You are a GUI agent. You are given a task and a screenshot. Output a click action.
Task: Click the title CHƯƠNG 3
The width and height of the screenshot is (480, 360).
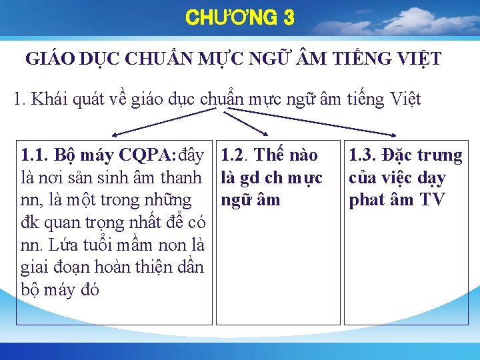(x=240, y=18)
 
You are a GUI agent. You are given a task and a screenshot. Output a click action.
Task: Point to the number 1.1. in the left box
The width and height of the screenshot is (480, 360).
(x=34, y=155)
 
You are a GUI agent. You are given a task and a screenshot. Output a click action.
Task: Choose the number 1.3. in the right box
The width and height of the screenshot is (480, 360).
(x=364, y=155)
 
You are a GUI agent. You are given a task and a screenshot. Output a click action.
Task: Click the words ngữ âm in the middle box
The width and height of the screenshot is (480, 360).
(x=251, y=200)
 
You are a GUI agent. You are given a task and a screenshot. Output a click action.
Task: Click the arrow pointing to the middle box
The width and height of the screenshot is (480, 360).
(x=247, y=124)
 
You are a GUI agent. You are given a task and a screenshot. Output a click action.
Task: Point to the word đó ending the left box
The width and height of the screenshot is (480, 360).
(x=89, y=291)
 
